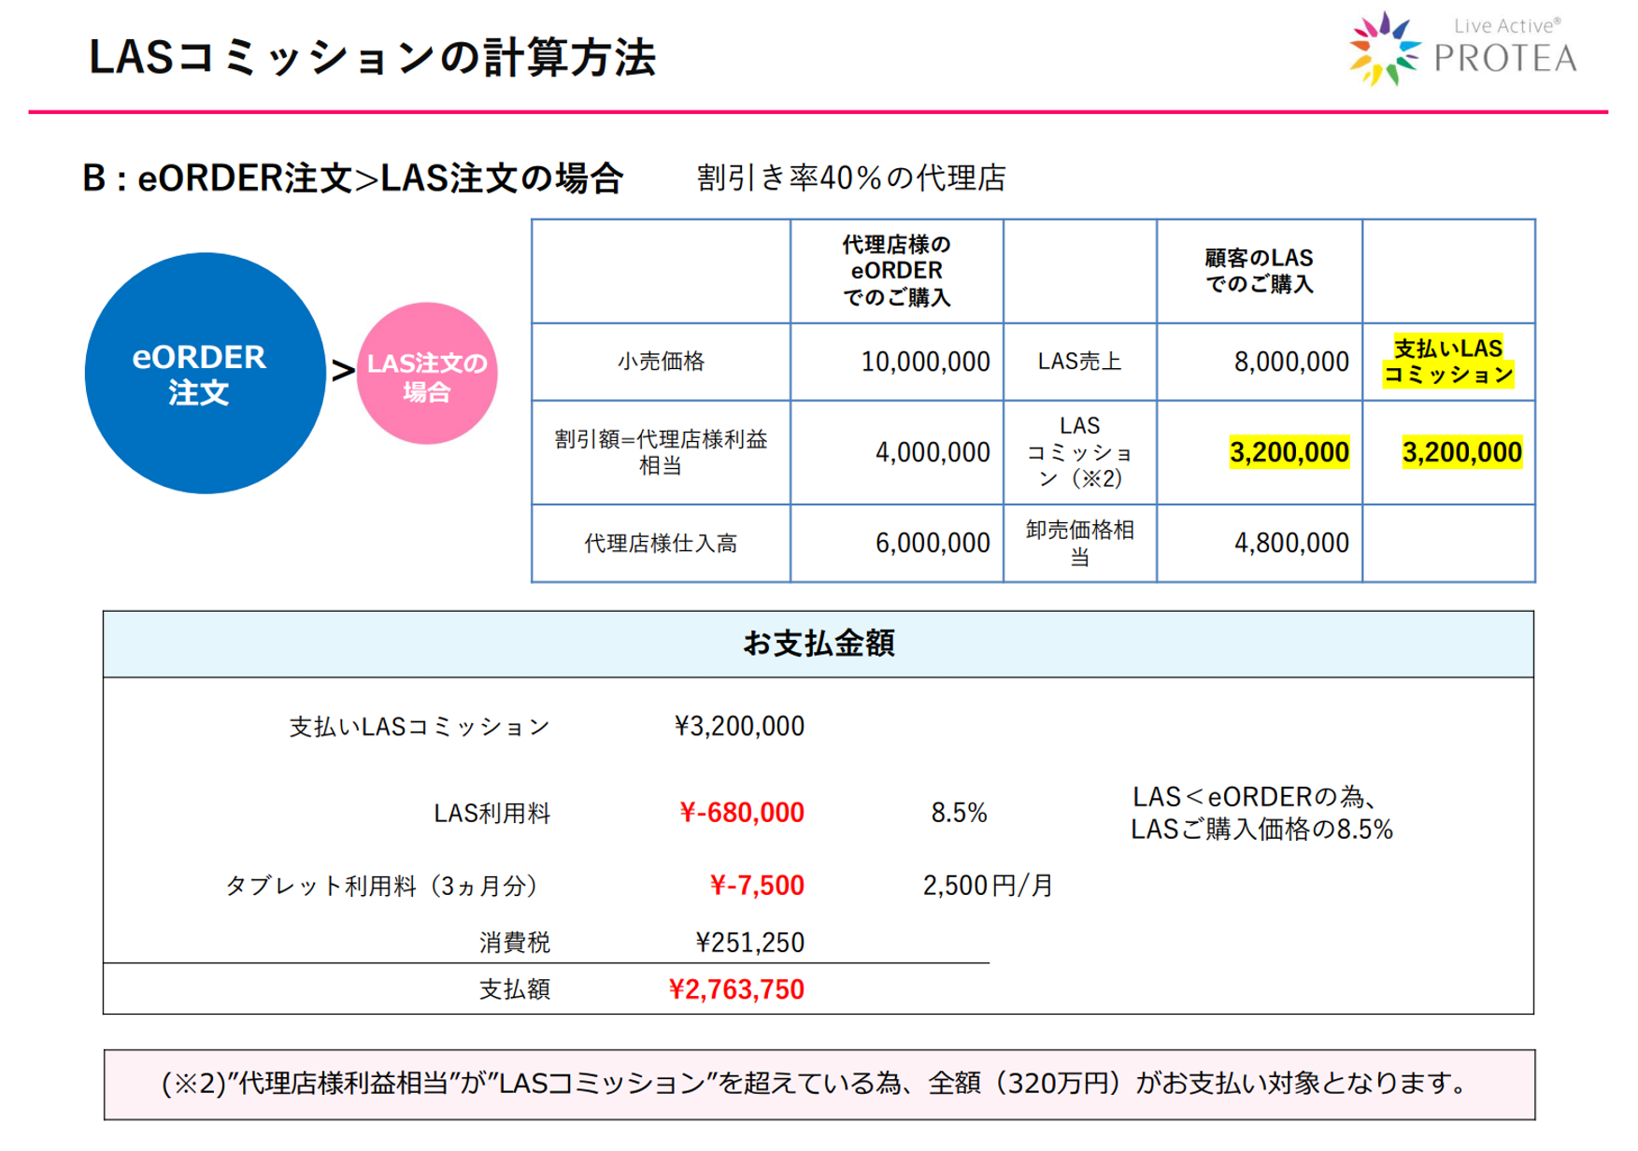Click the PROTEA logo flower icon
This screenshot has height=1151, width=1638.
(x=1383, y=50)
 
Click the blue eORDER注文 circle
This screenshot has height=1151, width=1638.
(x=205, y=373)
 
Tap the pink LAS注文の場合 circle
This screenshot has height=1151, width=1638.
(x=427, y=374)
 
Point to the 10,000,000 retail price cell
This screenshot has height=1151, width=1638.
(x=924, y=362)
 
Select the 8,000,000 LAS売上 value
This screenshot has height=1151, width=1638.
(x=1290, y=362)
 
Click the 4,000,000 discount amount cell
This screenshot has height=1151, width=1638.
(x=932, y=453)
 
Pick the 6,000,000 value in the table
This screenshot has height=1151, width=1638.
(x=932, y=543)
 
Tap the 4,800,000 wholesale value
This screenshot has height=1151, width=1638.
(x=1290, y=543)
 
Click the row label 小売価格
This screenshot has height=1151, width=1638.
(x=661, y=362)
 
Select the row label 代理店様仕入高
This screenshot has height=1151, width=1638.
(x=661, y=543)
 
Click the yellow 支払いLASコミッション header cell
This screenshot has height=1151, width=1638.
(x=1447, y=362)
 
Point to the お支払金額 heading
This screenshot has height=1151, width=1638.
(x=818, y=644)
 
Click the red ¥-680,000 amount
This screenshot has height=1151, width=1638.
(x=742, y=813)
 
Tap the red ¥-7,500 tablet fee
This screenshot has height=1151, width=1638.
(x=757, y=885)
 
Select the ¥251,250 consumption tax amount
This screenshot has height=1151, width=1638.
(x=749, y=943)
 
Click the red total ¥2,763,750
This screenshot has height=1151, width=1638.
(x=736, y=989)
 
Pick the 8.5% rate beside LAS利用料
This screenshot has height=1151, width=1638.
(x=959, y=813)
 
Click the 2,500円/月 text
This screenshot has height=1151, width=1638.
(x=988, y=885)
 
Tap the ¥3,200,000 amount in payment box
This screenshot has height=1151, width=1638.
(x=739, y=726)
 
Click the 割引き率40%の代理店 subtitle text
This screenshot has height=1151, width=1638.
(x=851, y=178)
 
